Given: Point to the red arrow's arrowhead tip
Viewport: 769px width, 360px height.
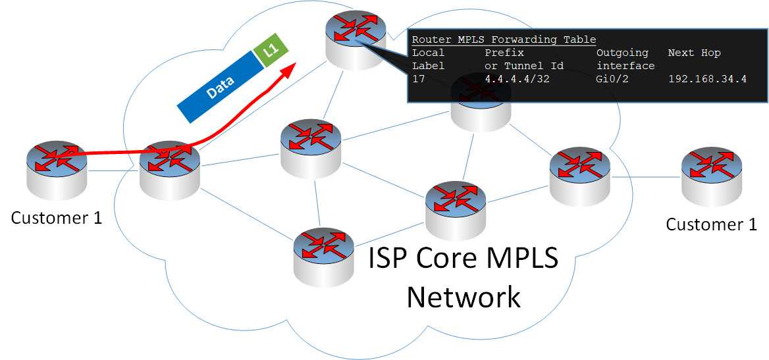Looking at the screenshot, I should pyautogui.click(x=294, y=63).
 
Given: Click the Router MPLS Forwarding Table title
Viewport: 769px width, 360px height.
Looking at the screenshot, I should pyautogui.click(x=504, y=39).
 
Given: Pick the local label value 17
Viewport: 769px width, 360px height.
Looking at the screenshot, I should pyautogui.click(x=419, y=79).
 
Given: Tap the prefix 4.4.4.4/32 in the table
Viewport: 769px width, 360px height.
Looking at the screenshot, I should pyautogui.click(x=517, y=79).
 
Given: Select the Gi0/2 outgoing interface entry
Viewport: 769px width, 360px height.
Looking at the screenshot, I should pyautogui.click(x=610, y=79).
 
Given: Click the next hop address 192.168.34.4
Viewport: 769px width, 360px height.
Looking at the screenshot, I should pyautogui.click(x=707, y=79).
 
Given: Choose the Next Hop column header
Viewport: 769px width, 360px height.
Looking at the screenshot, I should pyautogui.click(x=694, y=53).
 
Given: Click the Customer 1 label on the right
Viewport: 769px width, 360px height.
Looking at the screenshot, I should pyautogui.click(x=711, y=224).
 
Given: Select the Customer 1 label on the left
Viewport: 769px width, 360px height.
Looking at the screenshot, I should pyautogui.click(x=57, y=218).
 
